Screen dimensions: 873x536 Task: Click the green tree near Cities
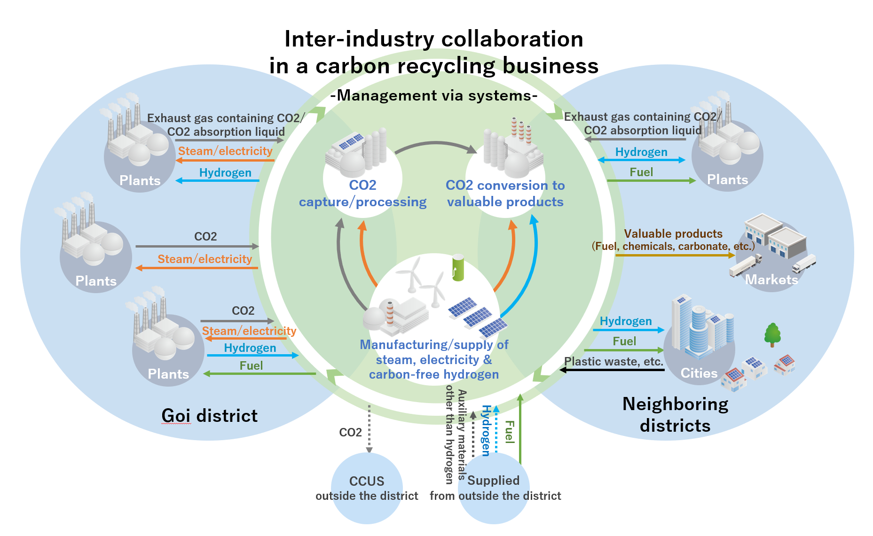(772, 334)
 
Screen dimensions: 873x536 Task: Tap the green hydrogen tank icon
(458, 268)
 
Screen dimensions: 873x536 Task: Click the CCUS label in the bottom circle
(367, 481)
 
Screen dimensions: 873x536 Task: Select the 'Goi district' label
(210, 416)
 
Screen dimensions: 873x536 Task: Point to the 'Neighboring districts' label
(675, 414)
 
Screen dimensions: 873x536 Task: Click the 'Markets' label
(771, 280)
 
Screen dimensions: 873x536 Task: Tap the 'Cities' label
(699, 373)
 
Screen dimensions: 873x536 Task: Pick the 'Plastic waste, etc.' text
(613, 361)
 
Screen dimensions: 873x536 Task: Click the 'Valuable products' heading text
(673, 233)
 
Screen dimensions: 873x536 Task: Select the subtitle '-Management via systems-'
(434, 95)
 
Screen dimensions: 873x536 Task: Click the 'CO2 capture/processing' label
(362, 194)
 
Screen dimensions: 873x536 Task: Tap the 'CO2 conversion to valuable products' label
(505, 194)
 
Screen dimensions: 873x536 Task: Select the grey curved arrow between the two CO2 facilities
(436, 143)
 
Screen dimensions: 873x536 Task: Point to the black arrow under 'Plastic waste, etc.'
(612, 370)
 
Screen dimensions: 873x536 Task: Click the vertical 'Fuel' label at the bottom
(509, 432)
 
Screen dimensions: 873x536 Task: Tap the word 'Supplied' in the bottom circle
(494, 480)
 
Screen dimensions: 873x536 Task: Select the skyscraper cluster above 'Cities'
(702, 327)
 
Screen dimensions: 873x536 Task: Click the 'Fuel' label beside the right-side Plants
(641, 172)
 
